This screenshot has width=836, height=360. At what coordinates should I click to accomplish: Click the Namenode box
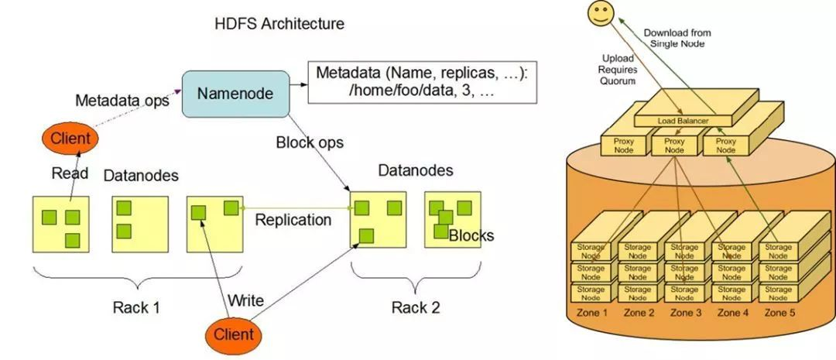[235, 94]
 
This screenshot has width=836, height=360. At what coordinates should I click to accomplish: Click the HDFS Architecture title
[279, 24]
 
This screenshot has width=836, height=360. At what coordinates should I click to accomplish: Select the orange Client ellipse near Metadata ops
[70, 139]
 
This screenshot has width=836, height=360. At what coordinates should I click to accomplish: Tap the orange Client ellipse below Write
[233, 334]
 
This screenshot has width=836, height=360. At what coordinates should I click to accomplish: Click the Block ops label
[310, 142]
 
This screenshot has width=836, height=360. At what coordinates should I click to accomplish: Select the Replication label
[293, 220]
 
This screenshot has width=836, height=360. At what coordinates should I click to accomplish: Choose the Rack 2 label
[415, 307]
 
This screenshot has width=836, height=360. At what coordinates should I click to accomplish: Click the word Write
[245, 300]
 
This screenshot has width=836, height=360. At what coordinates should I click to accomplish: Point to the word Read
[70, 173]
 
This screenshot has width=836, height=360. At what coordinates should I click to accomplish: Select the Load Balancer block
[684, 121]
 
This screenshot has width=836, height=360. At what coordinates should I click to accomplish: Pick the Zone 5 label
[780, 313]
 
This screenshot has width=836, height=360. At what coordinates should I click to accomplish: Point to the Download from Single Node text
[677, 38]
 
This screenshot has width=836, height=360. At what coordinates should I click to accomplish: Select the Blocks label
[471, 235]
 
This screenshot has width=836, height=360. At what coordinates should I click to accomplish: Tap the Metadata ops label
[122, 101]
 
